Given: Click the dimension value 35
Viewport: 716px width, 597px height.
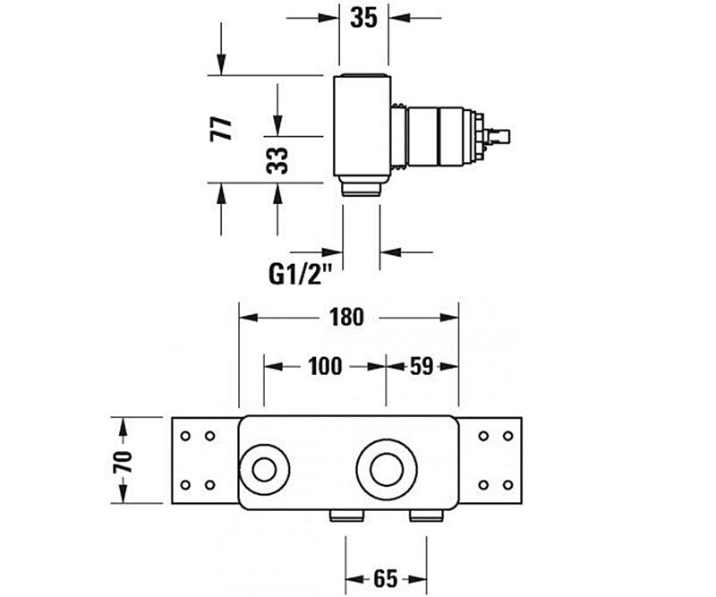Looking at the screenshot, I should [x=363, y=17].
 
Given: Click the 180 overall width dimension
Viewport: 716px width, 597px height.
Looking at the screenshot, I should [x=346, y=317].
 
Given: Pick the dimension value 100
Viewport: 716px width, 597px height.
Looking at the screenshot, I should [x=324, y=365].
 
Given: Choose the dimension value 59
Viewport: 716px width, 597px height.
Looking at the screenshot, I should [x=423, y=365].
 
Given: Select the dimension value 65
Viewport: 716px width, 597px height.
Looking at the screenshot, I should [x=385, y=577].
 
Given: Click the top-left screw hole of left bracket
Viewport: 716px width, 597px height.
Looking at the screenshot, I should [x=185, y=436].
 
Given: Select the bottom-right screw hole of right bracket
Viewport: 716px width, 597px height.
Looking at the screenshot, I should [x=508, y=485].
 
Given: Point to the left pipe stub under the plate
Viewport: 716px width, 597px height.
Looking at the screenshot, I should [x=346, y=514].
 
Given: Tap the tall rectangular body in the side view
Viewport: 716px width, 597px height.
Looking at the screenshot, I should [x=362, y=125].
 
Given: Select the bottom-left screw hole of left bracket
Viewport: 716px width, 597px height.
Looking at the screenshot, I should [x=185, y=485].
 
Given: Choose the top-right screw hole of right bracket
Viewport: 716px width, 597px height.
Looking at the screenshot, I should [x=508, y=436].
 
